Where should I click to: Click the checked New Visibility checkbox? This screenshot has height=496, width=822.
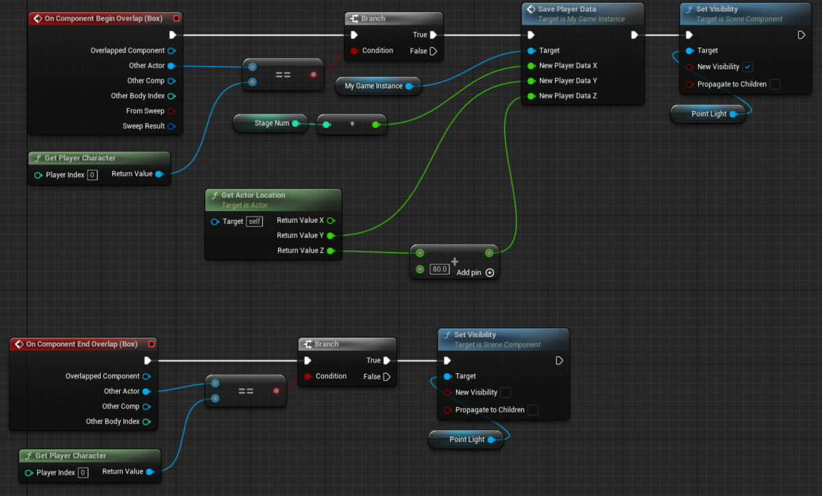747,67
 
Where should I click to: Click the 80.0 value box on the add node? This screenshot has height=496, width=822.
439,269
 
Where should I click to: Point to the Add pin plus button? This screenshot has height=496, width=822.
490,273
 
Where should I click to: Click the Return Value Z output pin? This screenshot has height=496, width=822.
331,251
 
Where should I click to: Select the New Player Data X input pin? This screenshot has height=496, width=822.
531,66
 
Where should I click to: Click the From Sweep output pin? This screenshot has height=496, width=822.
171,111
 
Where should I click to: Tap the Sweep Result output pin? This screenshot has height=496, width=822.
171,126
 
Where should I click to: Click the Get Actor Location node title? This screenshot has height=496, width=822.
253,195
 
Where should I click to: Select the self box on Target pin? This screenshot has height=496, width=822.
254,221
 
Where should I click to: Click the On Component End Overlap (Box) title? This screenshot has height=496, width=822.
82,344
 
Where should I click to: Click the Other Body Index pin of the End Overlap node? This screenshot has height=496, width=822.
147,421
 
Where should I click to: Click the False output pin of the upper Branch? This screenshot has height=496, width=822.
433,51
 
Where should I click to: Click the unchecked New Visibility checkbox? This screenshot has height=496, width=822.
506,393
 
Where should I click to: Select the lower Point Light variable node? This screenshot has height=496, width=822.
466,440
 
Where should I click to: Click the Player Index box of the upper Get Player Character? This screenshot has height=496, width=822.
92,175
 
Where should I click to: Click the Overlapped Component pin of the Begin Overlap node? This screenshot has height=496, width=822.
171,51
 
